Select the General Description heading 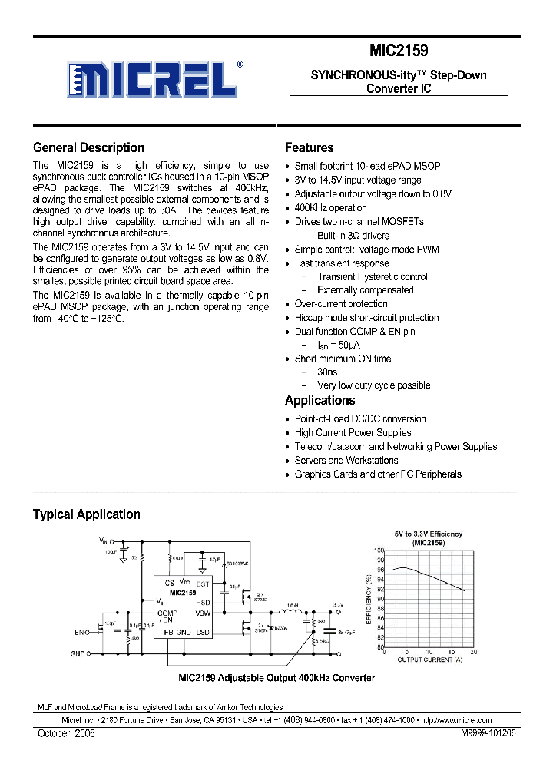88,147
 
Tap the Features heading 309,147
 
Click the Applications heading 320,400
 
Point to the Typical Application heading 86,514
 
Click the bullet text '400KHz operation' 330,207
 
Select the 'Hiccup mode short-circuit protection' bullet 366,318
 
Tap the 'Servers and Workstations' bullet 346,461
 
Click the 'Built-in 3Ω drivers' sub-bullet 353,236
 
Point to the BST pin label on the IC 203,584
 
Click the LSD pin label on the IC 203,632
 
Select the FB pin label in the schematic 167,632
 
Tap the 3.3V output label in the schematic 338,604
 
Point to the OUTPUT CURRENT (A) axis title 429,660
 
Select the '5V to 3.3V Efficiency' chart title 428,534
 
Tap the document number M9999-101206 488,734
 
